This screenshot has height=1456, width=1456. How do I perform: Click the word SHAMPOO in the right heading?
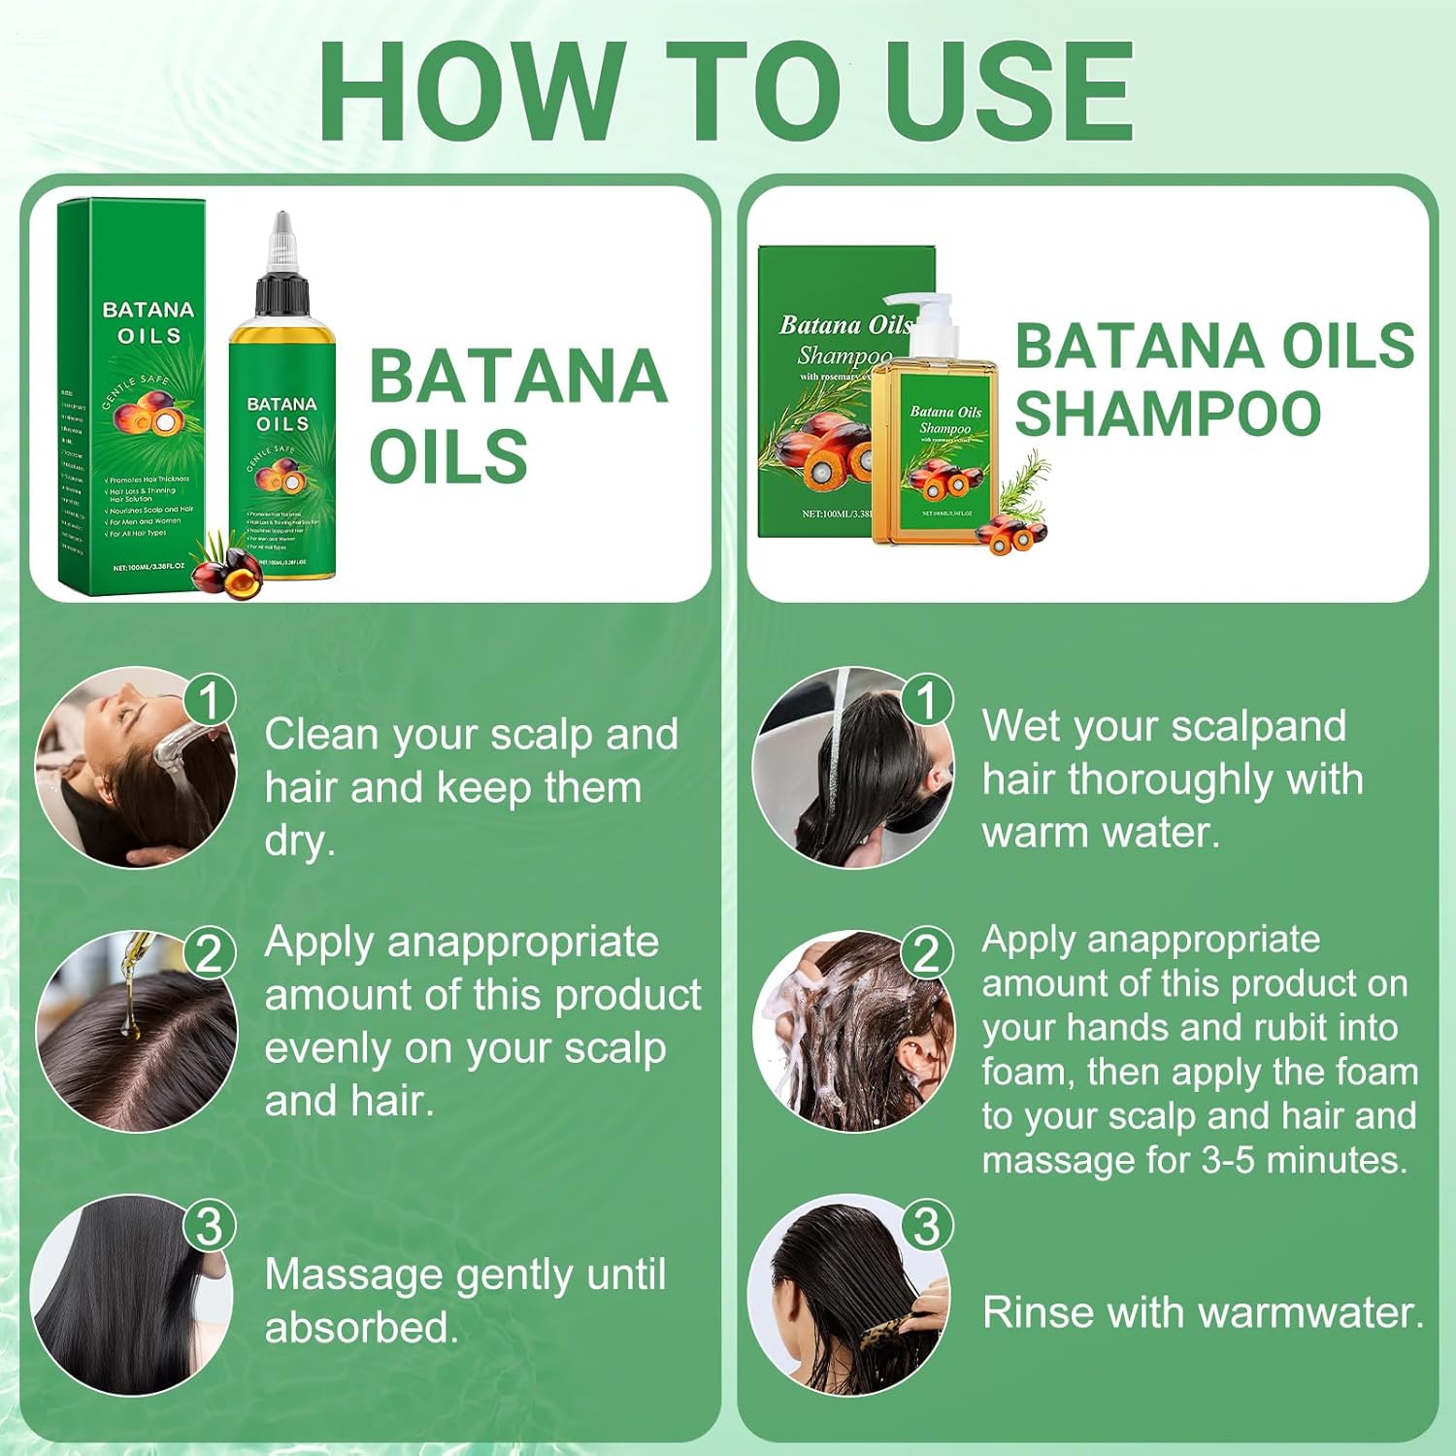point(1167,414)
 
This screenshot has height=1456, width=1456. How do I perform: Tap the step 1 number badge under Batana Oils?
point(209,700)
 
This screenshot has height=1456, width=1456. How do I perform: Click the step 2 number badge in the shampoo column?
point(926,952)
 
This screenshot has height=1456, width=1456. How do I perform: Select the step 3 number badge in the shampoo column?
point(926,1226)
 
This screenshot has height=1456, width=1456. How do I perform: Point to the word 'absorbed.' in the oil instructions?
point(361,1328)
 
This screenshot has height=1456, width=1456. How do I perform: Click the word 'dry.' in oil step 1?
point(299,841)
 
